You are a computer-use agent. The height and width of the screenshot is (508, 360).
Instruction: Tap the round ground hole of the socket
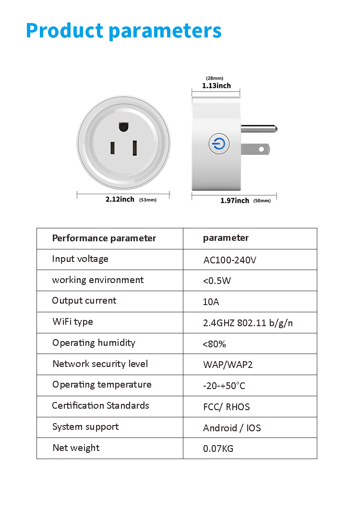[x=123, y=127]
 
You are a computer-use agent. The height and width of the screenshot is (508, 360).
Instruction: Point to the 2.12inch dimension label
[x=120, y=199]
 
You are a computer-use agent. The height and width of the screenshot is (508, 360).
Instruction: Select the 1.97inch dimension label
[x=235, y=201]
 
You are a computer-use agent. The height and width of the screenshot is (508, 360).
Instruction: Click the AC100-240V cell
[x=230, y=260]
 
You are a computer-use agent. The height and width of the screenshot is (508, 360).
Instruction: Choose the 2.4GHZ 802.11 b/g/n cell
[x=248, y=323]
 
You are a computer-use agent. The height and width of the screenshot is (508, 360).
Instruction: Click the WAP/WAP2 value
[x=228, y=365]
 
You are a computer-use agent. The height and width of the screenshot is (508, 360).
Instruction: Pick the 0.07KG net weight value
[x=218, y=449]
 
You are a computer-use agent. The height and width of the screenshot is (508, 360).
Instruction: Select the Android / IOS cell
[x=232, y=428]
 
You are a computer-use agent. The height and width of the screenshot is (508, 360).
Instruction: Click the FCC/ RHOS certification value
[x=227, y=407]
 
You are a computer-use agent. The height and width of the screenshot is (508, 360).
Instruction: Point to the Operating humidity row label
[x=94, y=343]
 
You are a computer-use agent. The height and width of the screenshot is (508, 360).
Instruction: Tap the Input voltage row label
[x=80, y=259]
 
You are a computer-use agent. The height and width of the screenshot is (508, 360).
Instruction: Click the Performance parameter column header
[x=104, y=238]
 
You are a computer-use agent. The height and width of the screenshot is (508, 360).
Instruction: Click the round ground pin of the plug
[x=258, y=129]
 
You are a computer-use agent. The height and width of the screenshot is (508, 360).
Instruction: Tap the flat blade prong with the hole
[x=254, y=149]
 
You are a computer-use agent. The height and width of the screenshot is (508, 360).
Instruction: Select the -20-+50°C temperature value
[x=224, y=386]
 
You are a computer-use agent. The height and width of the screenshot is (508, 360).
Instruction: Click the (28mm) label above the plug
[x=215, y=78]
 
